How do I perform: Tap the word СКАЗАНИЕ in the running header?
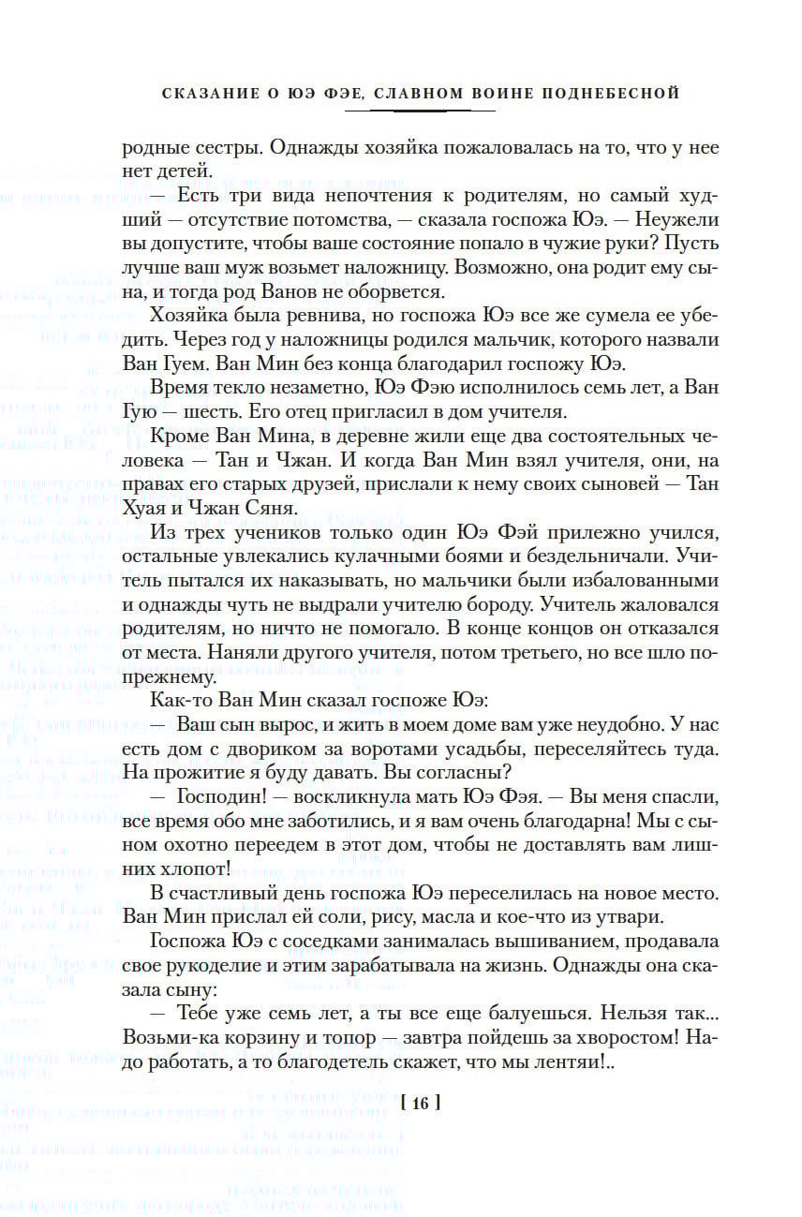click(x=203, y=94)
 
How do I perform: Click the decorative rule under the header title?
click(x=419, y=111)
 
